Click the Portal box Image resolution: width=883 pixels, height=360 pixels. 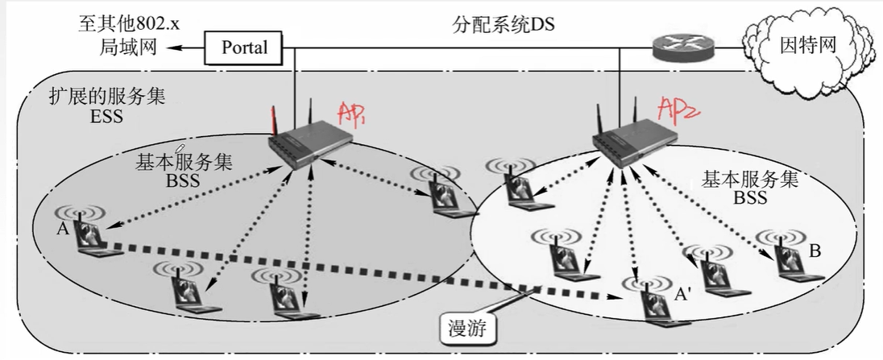tap(245, 48)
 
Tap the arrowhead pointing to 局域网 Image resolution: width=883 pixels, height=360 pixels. tap(172, 49)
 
